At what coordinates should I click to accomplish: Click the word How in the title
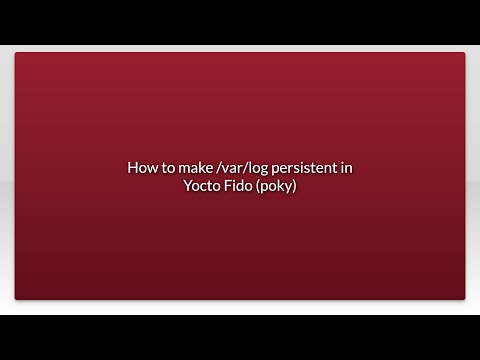[140, 168]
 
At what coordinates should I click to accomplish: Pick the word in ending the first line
[346, 168]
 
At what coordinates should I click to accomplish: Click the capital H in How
[132, 168]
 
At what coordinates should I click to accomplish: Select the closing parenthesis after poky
[295, 186]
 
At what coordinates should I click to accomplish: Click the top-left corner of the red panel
[16, 54]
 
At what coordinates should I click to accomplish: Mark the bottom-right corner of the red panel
[464, 298]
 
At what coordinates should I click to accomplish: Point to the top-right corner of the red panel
[464, 54]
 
